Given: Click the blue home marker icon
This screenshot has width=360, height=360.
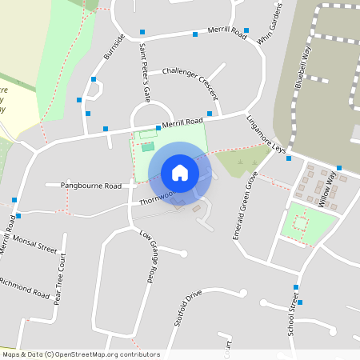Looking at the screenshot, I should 180,173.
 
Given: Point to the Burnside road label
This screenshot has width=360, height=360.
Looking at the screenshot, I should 114,47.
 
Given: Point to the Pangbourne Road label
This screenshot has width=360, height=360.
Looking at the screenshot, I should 91,185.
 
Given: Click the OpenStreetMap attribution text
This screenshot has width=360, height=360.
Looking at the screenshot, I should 80,354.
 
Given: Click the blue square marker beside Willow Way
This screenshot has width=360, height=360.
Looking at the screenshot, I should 339,168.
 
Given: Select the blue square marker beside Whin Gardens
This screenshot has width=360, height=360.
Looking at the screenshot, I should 246,30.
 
